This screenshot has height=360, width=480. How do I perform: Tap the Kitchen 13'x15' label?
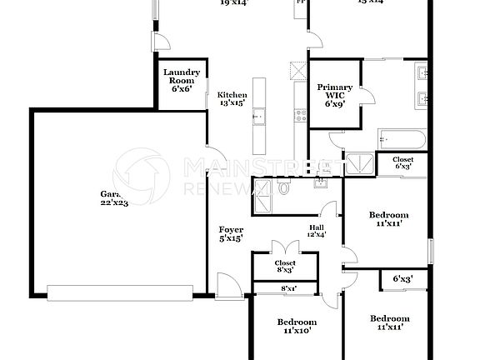click(x=232, y=99)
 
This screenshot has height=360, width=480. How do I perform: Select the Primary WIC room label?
click(x=335, y=96)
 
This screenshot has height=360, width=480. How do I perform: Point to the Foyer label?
click(x=231, y=234)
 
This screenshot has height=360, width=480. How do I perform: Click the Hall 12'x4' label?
click(x=317, y=231)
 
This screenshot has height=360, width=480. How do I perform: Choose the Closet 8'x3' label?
click(x=285, y=267)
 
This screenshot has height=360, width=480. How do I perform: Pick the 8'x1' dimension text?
click(x=289, y=288)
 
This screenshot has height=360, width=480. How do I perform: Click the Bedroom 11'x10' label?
click(x=297, y=326)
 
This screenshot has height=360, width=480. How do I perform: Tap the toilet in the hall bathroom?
click(x=284, y=189)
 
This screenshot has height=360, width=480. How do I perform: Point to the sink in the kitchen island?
click(x=259, y=116)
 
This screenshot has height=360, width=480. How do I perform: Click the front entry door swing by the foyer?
click(x=227, y=285)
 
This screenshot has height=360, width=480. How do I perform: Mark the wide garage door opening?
click(x=122, y=292)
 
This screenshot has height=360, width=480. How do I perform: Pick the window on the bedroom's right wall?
click(x=431, y=249)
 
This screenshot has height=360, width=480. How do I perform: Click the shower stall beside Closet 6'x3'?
click(x=361, y=163)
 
